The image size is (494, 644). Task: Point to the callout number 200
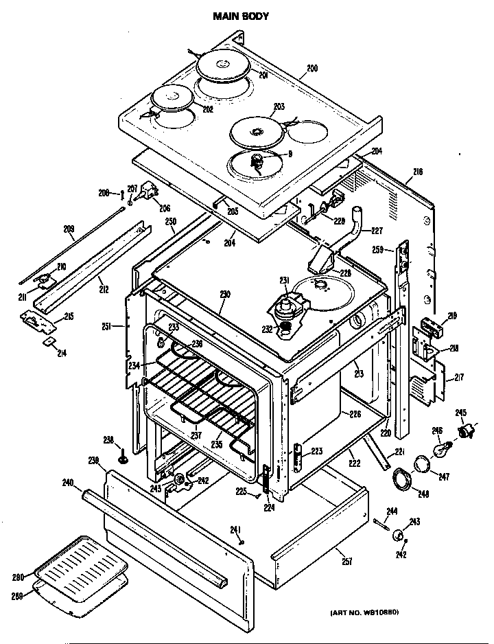click(x=312, y=68)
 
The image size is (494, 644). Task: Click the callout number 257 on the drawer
click(x=346, y=561)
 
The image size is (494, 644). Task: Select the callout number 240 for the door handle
click(x=67, y=483)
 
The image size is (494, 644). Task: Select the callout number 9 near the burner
click(x=290, y=154)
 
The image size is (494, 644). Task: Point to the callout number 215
click(x=69, y=317)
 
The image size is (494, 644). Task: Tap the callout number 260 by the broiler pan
click(x=19, y=577)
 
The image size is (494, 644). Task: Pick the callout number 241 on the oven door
click(x=235, y=529)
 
